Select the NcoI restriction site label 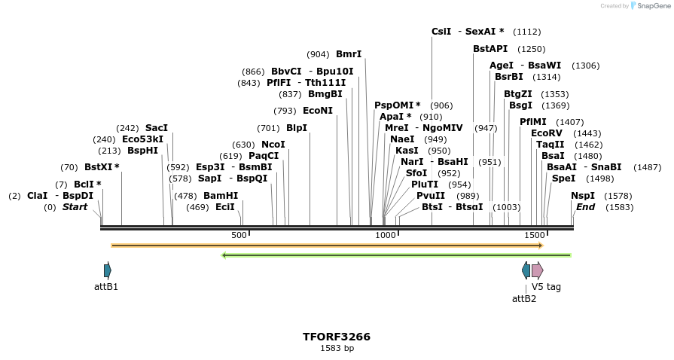pos(273,144)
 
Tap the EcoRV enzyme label pos(547,133)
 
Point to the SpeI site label pos(563,178)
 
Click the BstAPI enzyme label pos(490,48)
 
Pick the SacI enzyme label pos(157,127)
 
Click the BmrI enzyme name pos(349,53)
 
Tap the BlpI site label pos(297,127)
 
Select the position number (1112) pos(526,32)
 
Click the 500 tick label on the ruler pos(239,235)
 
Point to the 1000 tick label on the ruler pos(386,235)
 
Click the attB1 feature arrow pos(108,270)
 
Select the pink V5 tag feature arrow pos(537,270)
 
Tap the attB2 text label pos(524,298)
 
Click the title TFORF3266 pos(337,337)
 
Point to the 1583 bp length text pos(337,348)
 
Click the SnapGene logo pos(648,6)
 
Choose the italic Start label pos(75,206)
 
